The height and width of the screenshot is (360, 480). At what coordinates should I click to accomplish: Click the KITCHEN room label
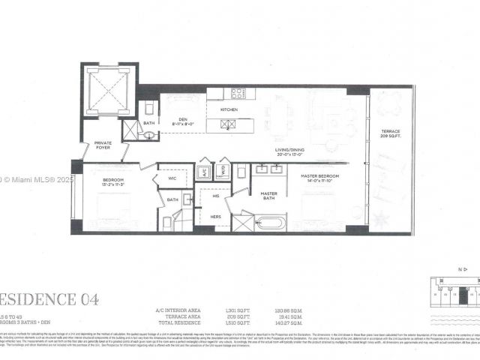(x=229, y=109)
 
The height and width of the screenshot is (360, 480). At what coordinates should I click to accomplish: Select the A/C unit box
(x=204, y=171)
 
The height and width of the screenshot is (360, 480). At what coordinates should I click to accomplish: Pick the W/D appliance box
(x=223, y=171)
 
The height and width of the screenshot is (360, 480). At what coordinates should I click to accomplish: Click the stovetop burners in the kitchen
(x=238, y=94)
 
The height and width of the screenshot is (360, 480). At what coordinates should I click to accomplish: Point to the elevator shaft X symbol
(x=109, y=90)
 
